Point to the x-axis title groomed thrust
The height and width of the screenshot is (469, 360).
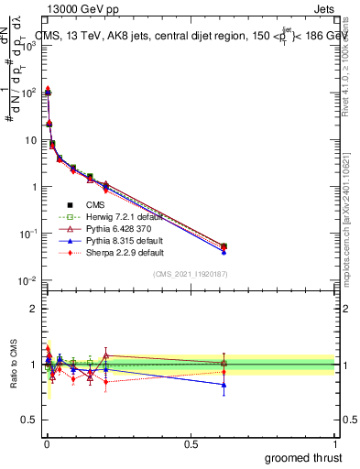[305, 457]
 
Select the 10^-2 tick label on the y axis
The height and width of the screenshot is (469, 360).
[30, 280]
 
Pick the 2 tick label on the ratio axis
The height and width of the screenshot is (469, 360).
[36, 309]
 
